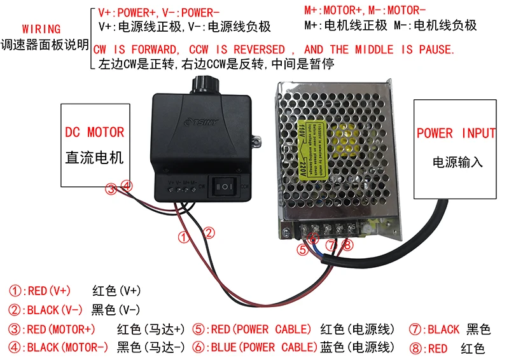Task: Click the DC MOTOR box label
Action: click(x=95, y=132)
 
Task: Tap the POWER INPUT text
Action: click(x=456, y=133)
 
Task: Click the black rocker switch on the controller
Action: click(x=225, y=186)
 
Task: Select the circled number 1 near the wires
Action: click(x=184, y=238)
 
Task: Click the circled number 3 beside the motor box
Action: click(x=111, y=188)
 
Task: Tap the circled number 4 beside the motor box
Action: click(x=127, y=186)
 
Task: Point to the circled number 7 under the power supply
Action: click(x=330, y=245)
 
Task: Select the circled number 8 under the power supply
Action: click(x=346, y=245)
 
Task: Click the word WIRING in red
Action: click(x=41, y=29)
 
